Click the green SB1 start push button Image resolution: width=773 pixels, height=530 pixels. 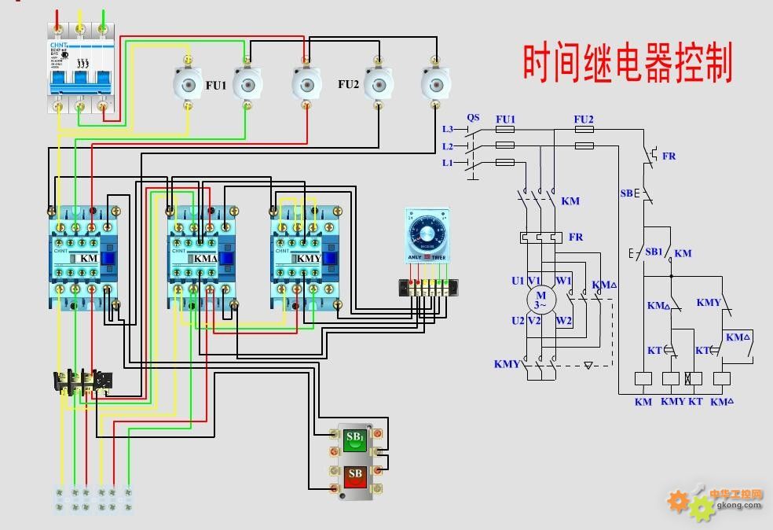click(x=355, y=440)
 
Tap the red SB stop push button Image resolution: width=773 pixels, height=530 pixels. click(x=355, y=477)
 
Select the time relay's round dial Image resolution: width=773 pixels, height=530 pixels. click(x=427, y=234)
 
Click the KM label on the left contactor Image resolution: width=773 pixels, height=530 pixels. click(x=89, y=258)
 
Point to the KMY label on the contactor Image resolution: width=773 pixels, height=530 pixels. click(x=309, y=258)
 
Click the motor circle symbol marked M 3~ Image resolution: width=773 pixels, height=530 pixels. click(x=540, y=300)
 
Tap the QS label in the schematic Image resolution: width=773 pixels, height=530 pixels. click(x=473, y=118)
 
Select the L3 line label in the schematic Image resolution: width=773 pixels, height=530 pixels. click(x=448, y=129)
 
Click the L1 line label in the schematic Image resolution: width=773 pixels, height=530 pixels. click(x=448, y=163)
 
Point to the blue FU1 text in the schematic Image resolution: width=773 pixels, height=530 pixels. click(x=505, y=120)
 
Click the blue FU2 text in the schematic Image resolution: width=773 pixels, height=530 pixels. click(x=584, y=120)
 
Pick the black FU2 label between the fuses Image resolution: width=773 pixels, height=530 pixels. click(x=349, y=84)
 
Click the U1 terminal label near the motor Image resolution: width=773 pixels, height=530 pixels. click(x=517, y=281)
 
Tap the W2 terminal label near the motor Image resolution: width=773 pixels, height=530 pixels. click(x=563, y=321)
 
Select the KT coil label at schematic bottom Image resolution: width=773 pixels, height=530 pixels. click(x=695, y=402)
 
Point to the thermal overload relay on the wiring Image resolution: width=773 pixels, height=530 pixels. click(x=83, y=383)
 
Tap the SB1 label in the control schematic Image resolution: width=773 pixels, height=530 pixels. click(x=654, y=252)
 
